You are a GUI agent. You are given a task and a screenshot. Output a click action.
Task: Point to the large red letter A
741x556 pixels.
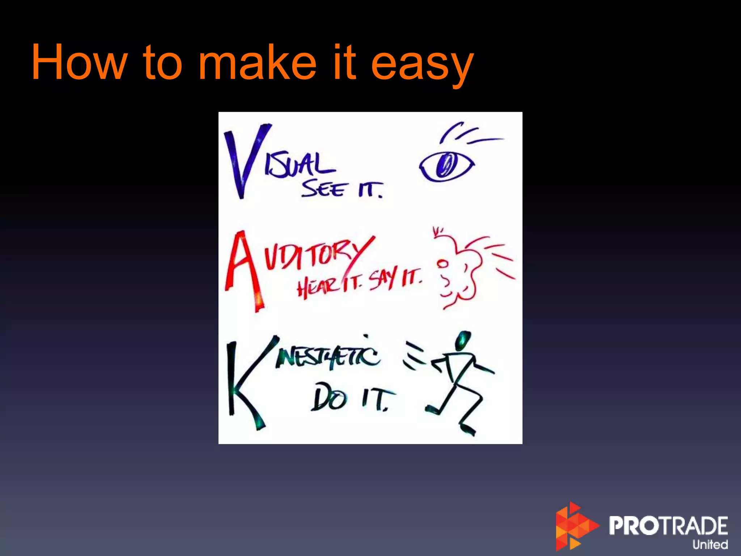[243, 271]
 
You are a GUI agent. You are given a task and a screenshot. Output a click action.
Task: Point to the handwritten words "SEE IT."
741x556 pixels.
[342, 189]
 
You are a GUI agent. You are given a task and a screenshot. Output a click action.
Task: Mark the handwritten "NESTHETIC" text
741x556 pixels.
[327, 357]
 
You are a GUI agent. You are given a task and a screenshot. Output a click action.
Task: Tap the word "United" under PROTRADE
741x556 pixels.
[710, 544]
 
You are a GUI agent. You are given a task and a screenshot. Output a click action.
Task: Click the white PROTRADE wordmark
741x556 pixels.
[668, 526]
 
